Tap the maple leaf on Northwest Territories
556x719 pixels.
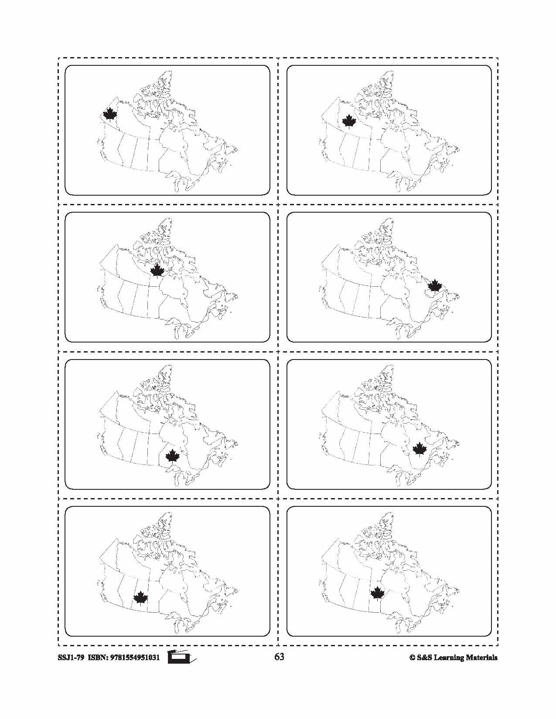(349, 122)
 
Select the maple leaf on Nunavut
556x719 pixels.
(157, 271)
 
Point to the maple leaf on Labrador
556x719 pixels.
(435, 285)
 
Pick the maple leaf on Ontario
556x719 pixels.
(173, 457)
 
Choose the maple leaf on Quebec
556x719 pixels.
(420, 449)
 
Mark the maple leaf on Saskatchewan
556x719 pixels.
(140, 598)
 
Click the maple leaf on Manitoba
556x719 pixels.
(377, 593)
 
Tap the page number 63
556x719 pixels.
(279, 657)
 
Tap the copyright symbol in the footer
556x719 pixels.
(411, 658)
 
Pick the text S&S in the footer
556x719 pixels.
(424, 658)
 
